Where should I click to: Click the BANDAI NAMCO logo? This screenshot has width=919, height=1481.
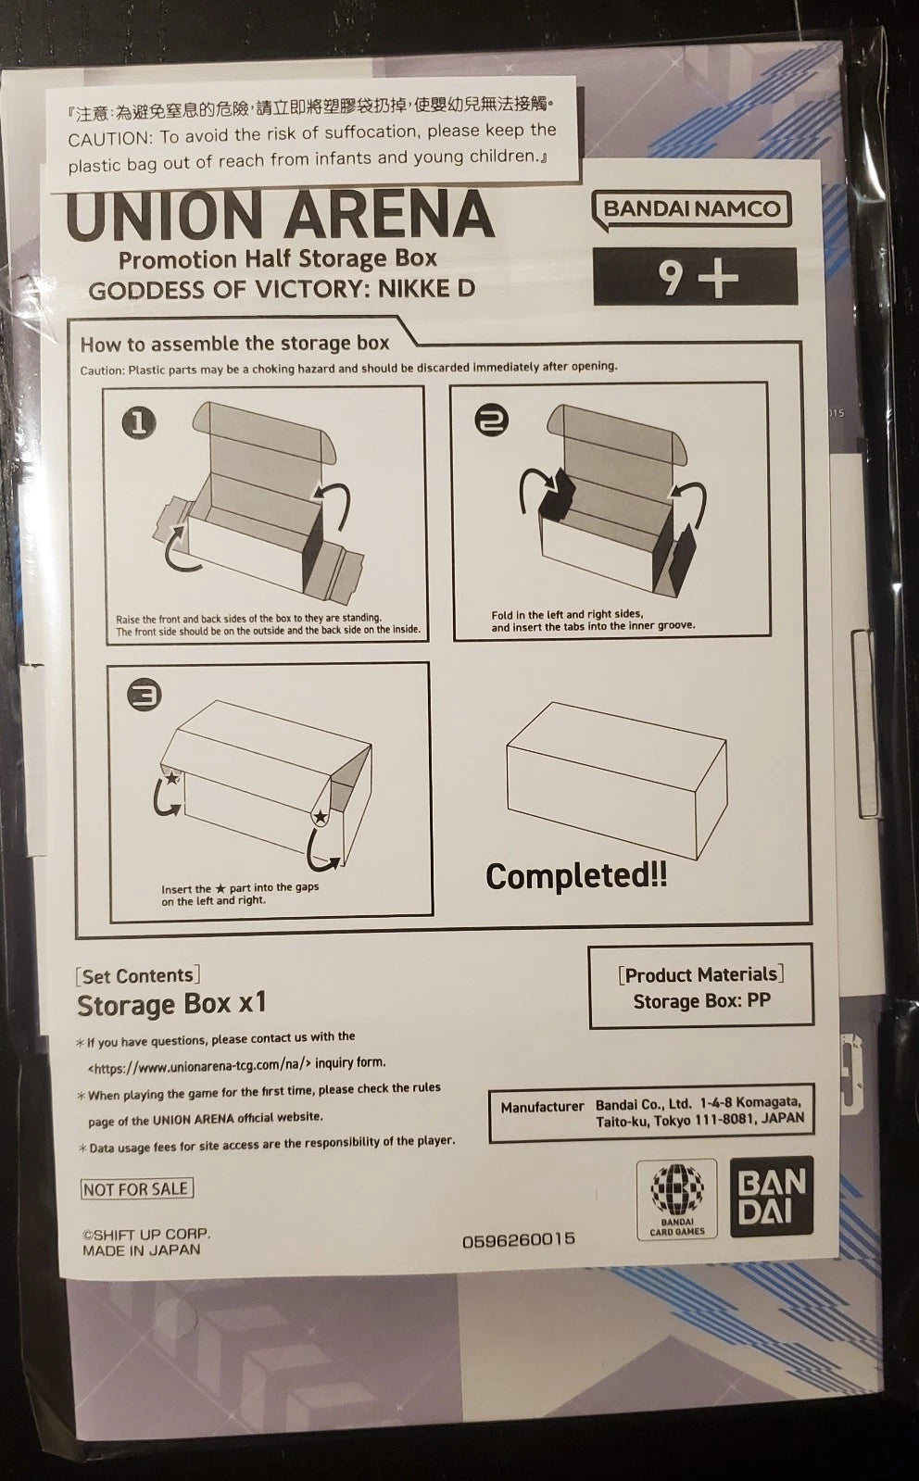click(x=691, y=210)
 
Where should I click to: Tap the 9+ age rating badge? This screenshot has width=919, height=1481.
click(x=696, y=276)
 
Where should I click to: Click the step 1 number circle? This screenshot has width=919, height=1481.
click(x=139, y=423)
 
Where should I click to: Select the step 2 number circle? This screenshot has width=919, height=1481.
click(x=492, y=420)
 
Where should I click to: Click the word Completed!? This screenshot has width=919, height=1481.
click(x=576, y=876)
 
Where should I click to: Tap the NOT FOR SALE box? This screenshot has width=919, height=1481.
click(x=136, y=1188)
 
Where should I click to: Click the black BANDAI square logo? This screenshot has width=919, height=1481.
click(x=772, y=1197)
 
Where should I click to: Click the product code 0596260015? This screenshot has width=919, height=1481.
click(x=519, y=1240)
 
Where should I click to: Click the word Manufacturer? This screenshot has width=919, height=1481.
click(x=542, y=1107)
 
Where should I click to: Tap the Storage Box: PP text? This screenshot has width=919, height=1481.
click(x=702, y=1001)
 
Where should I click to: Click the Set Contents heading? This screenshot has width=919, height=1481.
click(x=138, y=976)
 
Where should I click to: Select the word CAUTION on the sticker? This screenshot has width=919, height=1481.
click(x=109, y=139)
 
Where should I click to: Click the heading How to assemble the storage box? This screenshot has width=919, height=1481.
click(x=234, y=344)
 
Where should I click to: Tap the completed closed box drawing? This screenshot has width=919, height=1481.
click(x=617, y=780)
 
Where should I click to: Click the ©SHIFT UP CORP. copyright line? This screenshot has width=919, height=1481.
click(x=146, y=1234)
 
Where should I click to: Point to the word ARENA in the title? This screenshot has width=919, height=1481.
click(x=390, y=216)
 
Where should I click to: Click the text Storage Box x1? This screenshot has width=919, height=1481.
click(x=172, y=1005)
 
